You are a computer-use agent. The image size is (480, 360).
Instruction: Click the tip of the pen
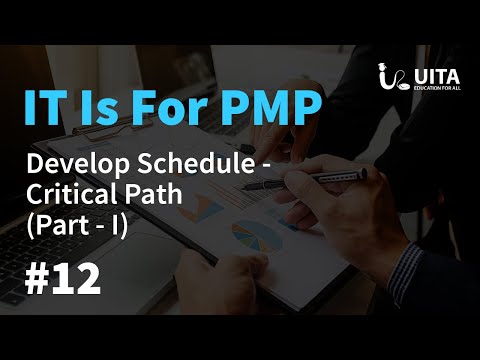243,187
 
